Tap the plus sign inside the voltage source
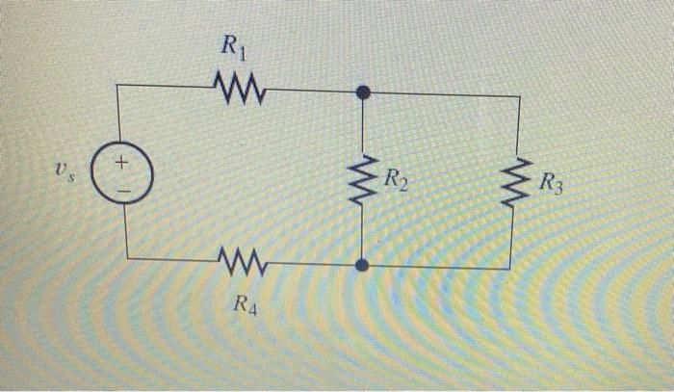pos(122,165)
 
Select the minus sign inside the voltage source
pos(123,189)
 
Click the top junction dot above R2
pos(363,92)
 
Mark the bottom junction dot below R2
pos(361,266)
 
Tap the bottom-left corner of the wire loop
pos(126,257)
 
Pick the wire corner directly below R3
pos(520,269)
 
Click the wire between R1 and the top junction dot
pos(308,91)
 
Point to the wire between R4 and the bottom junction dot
pos(308,263)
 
